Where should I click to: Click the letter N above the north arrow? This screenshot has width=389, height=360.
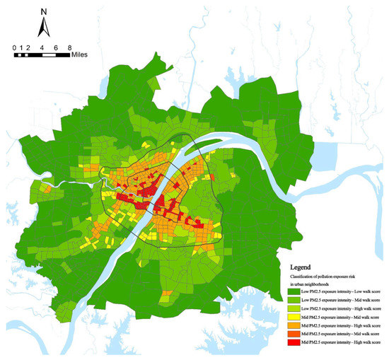(44, 11)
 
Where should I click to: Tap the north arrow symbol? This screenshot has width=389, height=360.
(44, 28)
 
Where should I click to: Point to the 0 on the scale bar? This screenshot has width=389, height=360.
(15, 47)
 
